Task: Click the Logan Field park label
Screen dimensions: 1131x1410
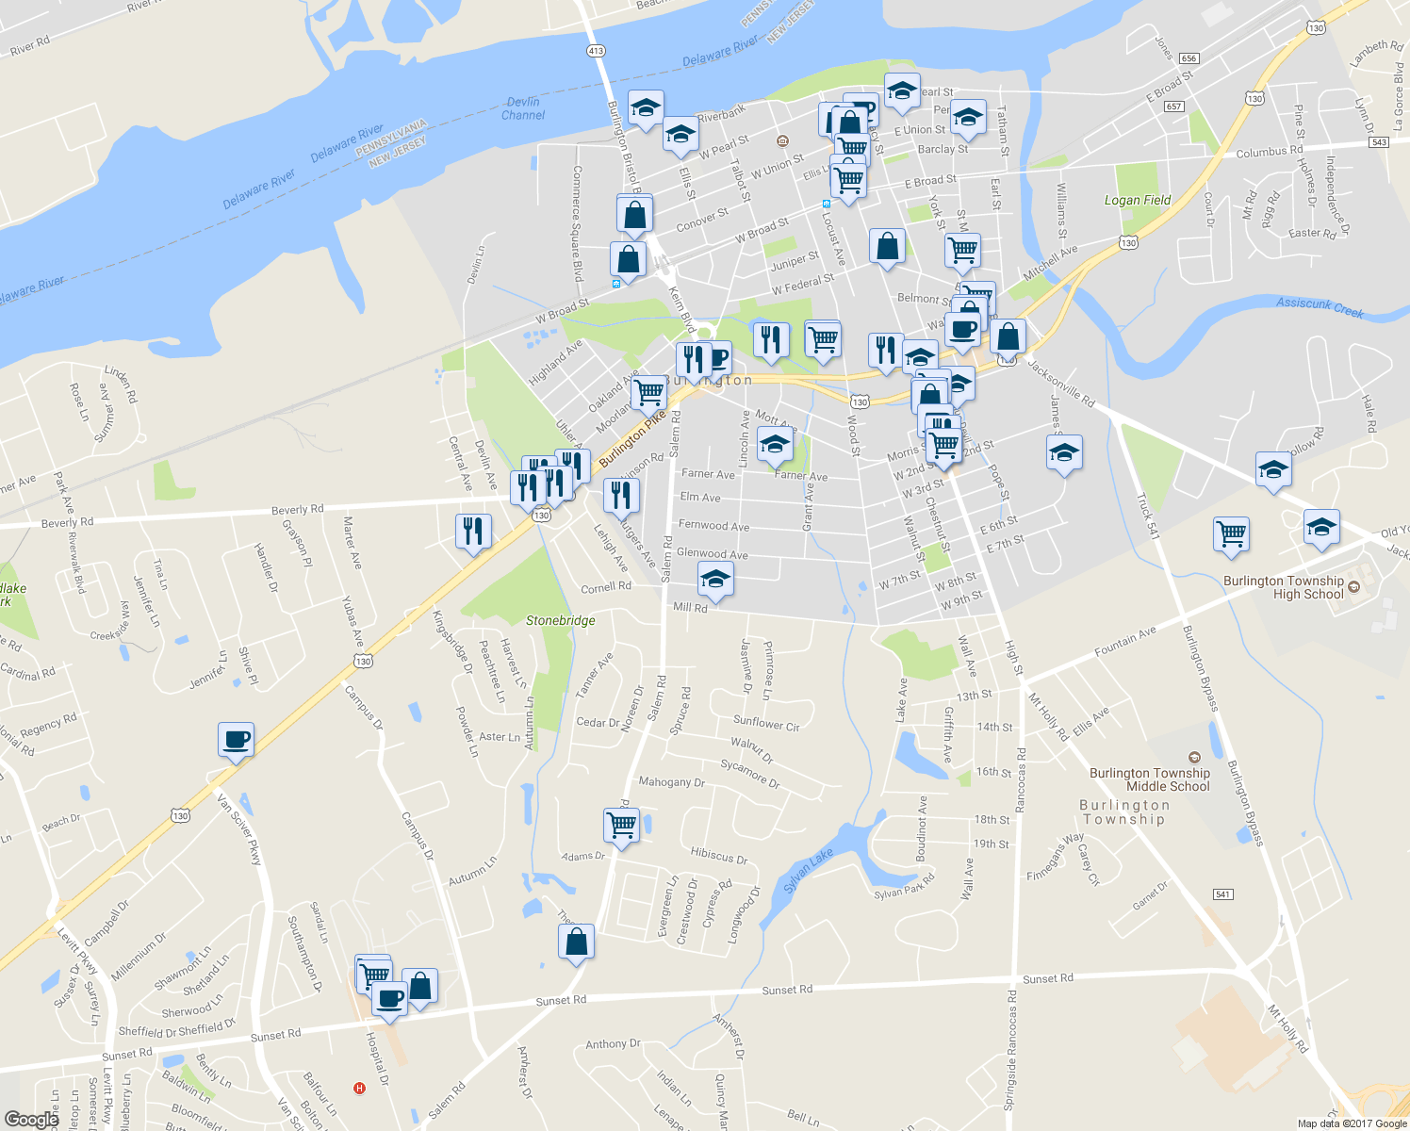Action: click(1138, 200)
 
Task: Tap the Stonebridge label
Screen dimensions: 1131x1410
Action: click(560, 620)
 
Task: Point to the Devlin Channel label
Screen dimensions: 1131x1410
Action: click(523, 108)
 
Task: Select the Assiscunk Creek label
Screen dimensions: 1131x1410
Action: click(1320, 307)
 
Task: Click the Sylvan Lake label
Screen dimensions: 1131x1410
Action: click(809, 870)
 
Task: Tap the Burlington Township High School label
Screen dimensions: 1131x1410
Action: click(1284, 587)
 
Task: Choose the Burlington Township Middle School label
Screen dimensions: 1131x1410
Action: click(1149, 779)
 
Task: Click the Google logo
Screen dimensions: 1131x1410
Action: click(31, 1119)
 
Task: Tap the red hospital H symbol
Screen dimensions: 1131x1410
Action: click(359, 1089)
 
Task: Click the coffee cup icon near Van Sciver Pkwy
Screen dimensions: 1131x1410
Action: click(236, 740)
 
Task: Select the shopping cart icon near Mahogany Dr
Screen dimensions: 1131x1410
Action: click(621, 826)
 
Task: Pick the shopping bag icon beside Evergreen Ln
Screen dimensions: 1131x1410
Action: click(576, 942)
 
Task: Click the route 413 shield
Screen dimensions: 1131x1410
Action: click(596, 51)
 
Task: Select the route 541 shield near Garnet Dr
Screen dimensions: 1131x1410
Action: click(1222, 893)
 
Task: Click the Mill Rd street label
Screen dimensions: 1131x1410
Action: click(690, 608)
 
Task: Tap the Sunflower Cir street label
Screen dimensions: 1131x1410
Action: click(766, 724)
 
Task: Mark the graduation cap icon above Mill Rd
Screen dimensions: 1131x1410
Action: click(715, 579)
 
